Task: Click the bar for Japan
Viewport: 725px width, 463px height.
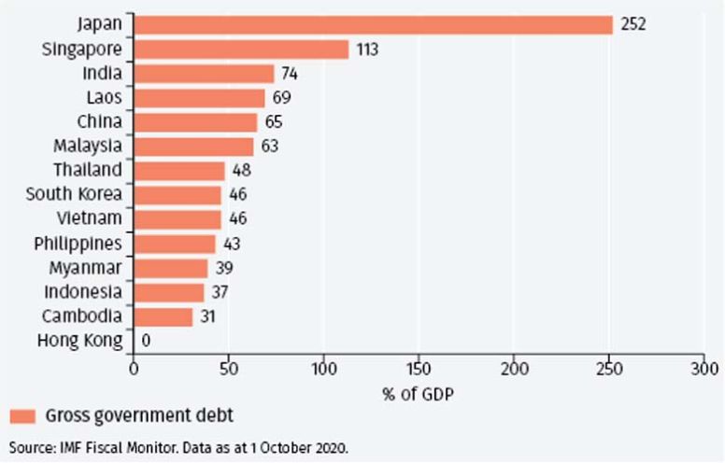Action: [373, 24]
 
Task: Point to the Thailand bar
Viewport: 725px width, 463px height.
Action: [179, 171]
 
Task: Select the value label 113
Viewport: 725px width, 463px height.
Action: [366, 49]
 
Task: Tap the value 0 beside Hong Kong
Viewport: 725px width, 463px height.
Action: [146, 341]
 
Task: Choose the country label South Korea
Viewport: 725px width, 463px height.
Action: [74, 195]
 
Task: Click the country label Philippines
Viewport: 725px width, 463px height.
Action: [78, 244]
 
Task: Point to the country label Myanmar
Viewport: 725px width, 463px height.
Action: [88, 268]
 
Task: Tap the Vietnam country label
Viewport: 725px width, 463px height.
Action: [91, 219]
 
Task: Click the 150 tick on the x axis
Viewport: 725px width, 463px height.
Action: [419, 368]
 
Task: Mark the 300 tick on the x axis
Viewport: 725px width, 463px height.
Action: [704, 368]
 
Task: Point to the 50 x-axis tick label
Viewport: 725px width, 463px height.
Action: [229, 368]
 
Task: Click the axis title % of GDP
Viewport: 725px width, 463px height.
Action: [418, 393]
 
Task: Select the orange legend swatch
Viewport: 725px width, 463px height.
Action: [22, 415]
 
